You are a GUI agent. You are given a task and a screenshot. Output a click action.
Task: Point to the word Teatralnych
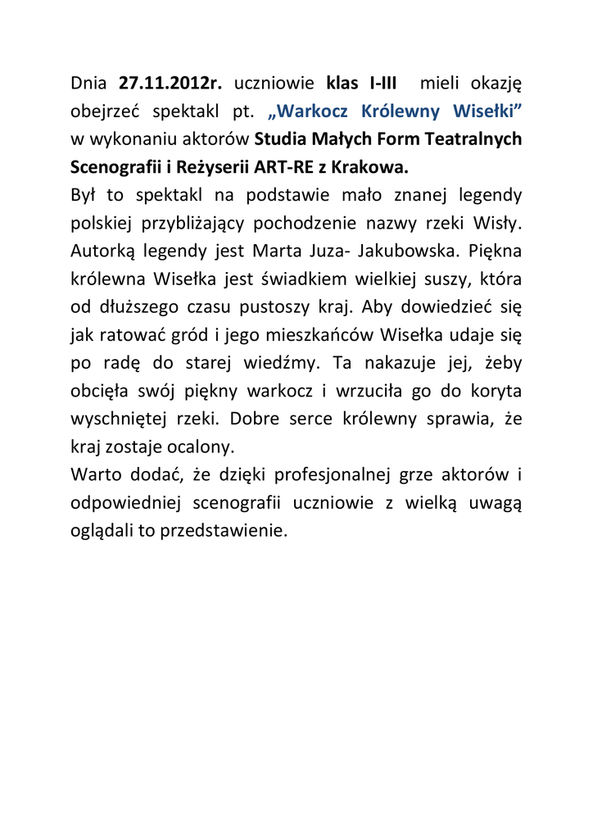pos(472,138)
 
